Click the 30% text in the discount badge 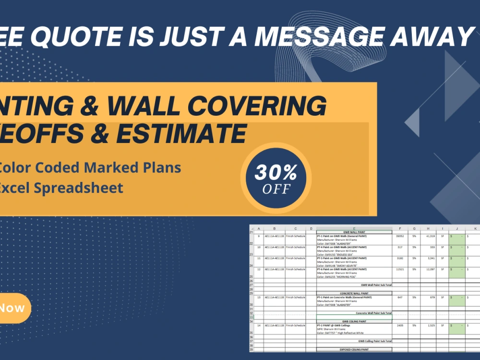pos(276,172)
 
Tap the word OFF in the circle pos(276,189)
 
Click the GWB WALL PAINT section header pos(354,232)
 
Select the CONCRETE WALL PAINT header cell pos(354,293)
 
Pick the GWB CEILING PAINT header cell pos(354,321)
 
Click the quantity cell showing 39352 pos(399,236)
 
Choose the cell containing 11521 pos(399,269)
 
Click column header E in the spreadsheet pos(354,228)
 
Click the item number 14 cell pos(259,325)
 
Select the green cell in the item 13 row pos(457,300)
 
